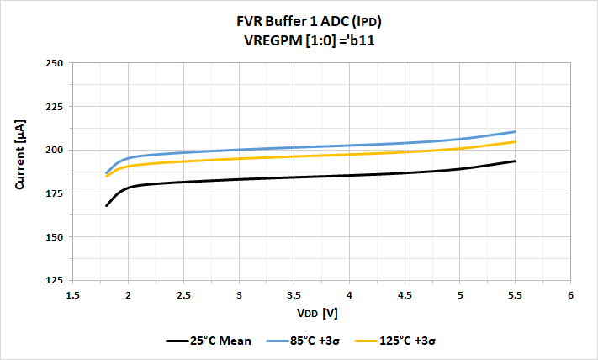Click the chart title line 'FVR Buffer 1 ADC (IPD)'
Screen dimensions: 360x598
(x=299, y=23)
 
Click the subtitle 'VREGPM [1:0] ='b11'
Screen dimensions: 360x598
(x=299, y=40)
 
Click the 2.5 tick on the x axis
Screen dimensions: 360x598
(x=183, y=295)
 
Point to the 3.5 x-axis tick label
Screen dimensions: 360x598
(x=294, y=295)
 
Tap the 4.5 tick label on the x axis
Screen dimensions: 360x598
(x=405, y=295)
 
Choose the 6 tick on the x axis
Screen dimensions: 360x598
(x=570, y=295)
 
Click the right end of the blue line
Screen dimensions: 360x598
(x=515, y=131)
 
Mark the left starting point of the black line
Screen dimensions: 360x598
(x=106, y=205)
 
